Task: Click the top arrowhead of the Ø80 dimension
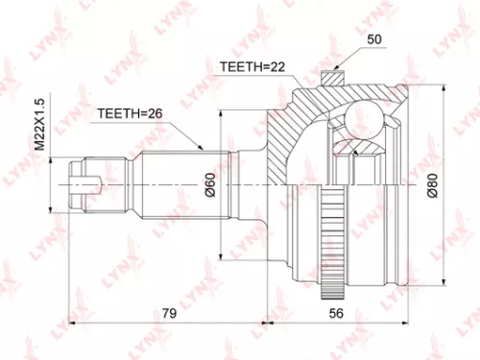click(444, 88)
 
